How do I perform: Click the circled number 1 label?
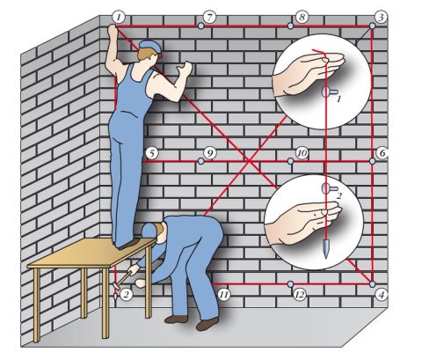(119, 16)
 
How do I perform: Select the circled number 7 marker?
(208, 17)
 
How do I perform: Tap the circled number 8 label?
(302, 17)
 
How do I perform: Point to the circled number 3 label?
(380, 17)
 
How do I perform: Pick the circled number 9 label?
(209, 153)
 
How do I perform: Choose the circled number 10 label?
(302, 153)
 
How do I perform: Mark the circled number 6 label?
(382, 153)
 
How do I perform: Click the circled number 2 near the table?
(126, 294)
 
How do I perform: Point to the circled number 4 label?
(381, 295)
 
